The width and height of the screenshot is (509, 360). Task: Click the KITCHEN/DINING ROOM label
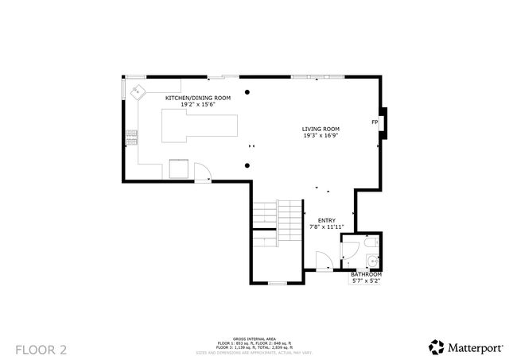tap(197, 98)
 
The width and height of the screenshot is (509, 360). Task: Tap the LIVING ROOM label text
tap(321, 129)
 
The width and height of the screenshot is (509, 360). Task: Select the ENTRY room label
tap(326, 220)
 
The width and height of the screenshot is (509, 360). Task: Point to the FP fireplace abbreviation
tap(374, 122)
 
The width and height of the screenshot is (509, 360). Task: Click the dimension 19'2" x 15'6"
tap(197, 104)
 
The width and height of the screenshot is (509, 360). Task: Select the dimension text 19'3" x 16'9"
tap(321, 135)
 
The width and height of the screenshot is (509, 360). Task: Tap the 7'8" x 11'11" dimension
tap(326, 226)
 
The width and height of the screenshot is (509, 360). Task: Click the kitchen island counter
tap(200, 127)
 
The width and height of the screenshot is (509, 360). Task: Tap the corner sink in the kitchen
tap(137, 91)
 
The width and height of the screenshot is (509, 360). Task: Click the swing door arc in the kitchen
tap(202, 171)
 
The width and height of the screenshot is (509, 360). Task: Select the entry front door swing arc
tap(324, 261)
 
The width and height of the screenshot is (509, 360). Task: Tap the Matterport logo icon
tap(436, 347)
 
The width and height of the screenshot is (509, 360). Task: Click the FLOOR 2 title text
tap(37, 348)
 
